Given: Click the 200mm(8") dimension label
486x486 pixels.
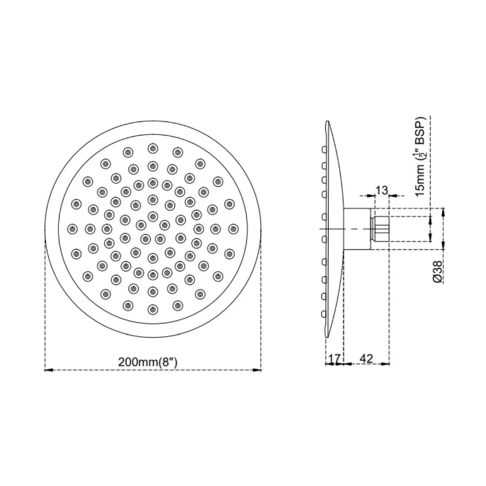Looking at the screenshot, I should [148, 361].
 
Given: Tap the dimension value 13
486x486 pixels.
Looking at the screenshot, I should [381, 190].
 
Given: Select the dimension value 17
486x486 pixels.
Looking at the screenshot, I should [334, 359].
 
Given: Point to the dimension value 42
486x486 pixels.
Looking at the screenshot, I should [367, 359].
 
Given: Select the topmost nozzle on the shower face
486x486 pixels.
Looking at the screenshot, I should [153, 148].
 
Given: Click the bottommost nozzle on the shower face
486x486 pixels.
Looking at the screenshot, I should [153, 310].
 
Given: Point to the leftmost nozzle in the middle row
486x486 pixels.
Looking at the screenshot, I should [72, 229].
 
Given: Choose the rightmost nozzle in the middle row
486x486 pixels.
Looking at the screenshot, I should [233, 229].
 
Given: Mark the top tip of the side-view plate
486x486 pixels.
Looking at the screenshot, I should [328, 122].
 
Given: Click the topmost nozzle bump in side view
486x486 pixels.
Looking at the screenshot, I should [323, 149].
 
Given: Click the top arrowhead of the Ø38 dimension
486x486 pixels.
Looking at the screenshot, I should [444, 211].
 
